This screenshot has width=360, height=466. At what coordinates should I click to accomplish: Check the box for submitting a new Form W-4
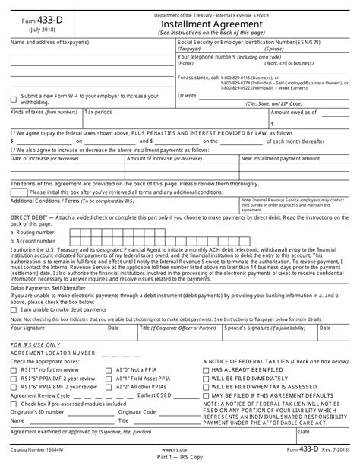pyautogui.click(x=14, y=99)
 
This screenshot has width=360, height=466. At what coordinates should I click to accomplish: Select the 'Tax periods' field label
pyautogui.click(x=99, y=112)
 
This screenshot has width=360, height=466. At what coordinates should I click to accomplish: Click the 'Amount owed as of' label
pyautogui.click(x=297, y=112)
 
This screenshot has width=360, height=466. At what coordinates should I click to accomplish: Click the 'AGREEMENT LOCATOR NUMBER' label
pyautogui.click(x=55, y=353)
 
